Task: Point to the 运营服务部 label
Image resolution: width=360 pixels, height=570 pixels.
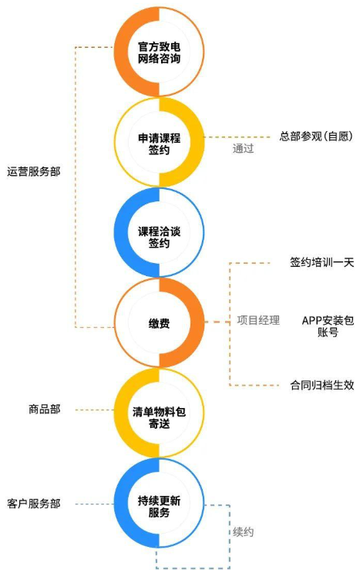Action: pos(34,171)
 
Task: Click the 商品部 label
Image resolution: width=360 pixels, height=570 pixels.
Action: pos(45,410)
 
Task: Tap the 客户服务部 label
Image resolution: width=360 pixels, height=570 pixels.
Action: pos(34,504)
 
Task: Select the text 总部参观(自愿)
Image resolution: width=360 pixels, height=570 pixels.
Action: pos(316,137)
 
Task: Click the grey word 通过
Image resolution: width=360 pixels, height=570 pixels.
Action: pos(243,148)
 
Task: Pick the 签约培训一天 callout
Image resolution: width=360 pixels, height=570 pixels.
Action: pos(322,262)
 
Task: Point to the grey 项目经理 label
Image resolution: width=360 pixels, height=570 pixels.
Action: pos(258,320)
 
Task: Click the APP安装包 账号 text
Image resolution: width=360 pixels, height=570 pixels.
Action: pos(328,326)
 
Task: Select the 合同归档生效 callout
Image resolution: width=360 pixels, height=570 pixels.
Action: pos(322,385)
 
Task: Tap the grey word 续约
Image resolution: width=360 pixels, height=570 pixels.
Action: pos(243,532)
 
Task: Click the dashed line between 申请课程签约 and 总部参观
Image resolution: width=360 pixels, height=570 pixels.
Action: pos(237,137)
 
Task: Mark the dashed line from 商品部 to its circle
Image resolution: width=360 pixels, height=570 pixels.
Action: pos(95,410)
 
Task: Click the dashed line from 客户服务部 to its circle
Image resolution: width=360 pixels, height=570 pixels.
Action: pos(95,504)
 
